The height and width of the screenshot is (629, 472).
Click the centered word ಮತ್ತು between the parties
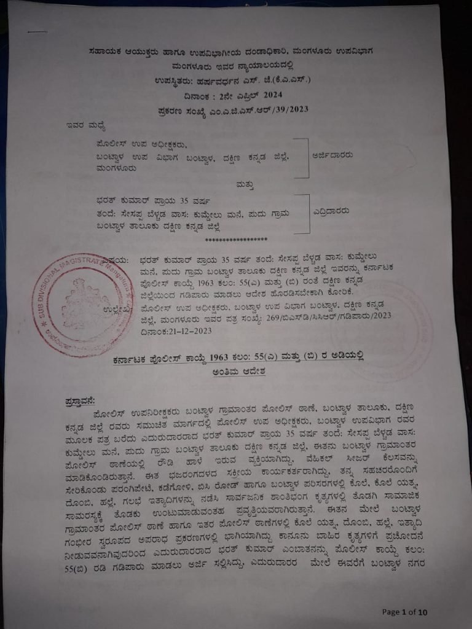coord(239,183)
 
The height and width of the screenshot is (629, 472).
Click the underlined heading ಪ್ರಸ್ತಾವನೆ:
coord(81,402)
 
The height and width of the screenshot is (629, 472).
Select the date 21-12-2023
coord(165,330)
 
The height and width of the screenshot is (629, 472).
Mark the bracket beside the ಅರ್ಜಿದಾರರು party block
coord(302,157)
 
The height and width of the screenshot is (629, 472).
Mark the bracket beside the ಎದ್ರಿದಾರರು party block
coord(302,214)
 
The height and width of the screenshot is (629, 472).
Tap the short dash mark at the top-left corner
coord(37,32)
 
